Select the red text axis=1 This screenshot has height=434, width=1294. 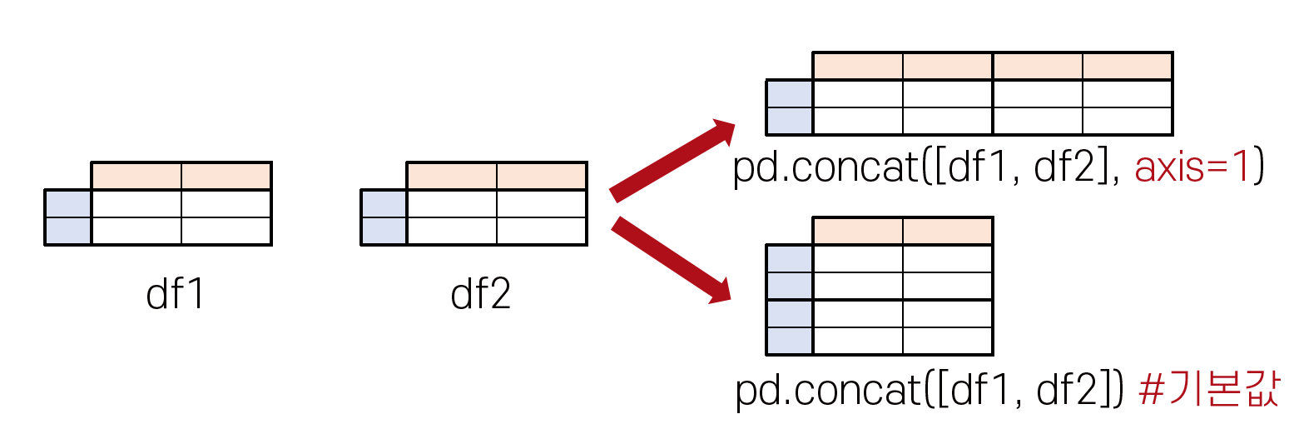pyautogui.click(x=1181, y=169)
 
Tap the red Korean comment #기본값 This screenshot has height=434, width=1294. pyautogui.click(x=1207, y=392)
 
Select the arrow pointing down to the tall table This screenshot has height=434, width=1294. pyautogui.click(x=671, y=259)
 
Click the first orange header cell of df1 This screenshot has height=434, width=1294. pyautogui.click(x=136, y=177)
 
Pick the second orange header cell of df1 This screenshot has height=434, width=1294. pyautogui.click(x=226, y=177)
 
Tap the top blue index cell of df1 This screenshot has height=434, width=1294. pyautogui.click(x=67, y=204)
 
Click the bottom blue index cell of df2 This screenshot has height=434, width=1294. pyautogui.click(x=384, y=232)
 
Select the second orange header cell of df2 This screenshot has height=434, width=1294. pyautogui.click(x=542, y=177)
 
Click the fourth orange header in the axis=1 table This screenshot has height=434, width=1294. pyautogui.click(x=1128, y=67)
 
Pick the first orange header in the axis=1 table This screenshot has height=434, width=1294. pyautogui.click(x=858, y=67)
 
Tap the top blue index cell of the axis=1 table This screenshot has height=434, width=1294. pyautogui.click(x=789, y=94)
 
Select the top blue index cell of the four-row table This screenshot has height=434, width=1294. pyautogui.click(x=789, y=259)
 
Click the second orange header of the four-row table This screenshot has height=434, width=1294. pyautogui.click(x=948, y=232)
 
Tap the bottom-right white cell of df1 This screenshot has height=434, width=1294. pyautogui.click(x=226, y=232)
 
